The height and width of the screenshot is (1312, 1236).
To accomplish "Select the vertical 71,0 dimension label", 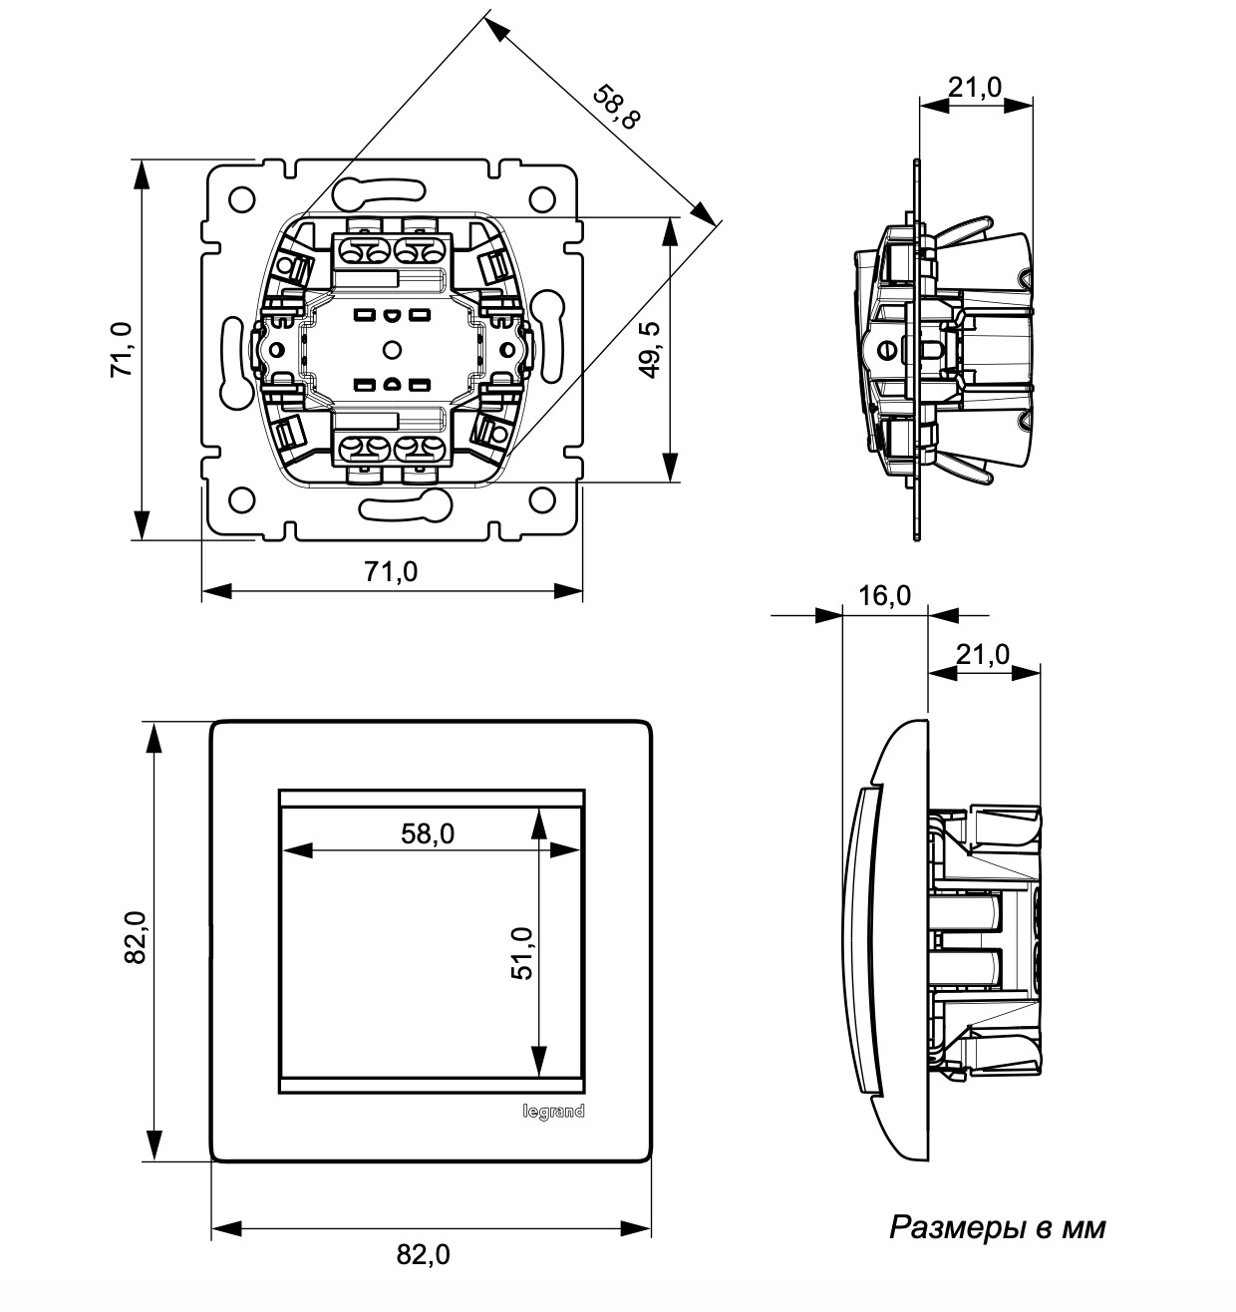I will [122, 349].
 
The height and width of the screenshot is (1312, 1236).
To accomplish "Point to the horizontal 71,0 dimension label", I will [390, 572].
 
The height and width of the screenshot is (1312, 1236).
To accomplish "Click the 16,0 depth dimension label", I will [884, 596].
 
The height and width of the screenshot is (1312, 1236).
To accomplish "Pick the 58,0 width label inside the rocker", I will [428, 833].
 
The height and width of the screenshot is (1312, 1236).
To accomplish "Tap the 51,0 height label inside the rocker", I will [522, 954].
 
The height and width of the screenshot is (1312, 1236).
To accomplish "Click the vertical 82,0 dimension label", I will [136, 938].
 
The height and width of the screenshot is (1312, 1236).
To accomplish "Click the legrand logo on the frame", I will [554, 1112].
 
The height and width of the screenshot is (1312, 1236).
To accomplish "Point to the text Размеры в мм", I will [997, 1227].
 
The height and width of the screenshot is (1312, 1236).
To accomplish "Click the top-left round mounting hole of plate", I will [240, 199].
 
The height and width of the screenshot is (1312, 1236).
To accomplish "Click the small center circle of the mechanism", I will [391, 349].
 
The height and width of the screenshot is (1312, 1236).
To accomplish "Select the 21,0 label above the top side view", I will [975, 88].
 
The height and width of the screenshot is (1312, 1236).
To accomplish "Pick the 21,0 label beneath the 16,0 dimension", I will [983, 654].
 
